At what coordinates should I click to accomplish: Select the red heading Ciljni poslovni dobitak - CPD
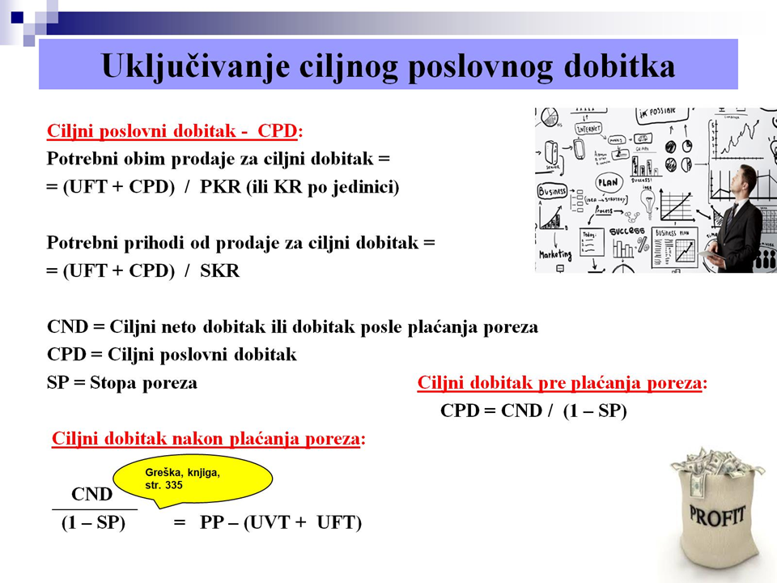(172, 131)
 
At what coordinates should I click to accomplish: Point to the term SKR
(219, 270)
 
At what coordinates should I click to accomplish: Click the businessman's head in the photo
(745, 180)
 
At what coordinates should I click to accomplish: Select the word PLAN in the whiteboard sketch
(608, 182)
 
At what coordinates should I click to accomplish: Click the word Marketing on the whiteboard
(555, 255)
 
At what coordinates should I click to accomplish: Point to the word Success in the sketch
(626, 231)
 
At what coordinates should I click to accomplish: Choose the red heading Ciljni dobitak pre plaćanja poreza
(559, 383)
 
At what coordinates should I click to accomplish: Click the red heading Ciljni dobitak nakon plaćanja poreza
(206, 439)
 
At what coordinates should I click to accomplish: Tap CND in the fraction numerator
(91, 494)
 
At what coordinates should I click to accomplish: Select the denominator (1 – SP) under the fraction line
(93, 522)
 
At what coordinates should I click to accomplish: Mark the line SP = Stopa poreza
(122, 383)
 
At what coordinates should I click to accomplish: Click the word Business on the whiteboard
(552, 191)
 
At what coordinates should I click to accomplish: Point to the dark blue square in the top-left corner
(17, 17)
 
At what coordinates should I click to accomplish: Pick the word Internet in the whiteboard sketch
(588, 129)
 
